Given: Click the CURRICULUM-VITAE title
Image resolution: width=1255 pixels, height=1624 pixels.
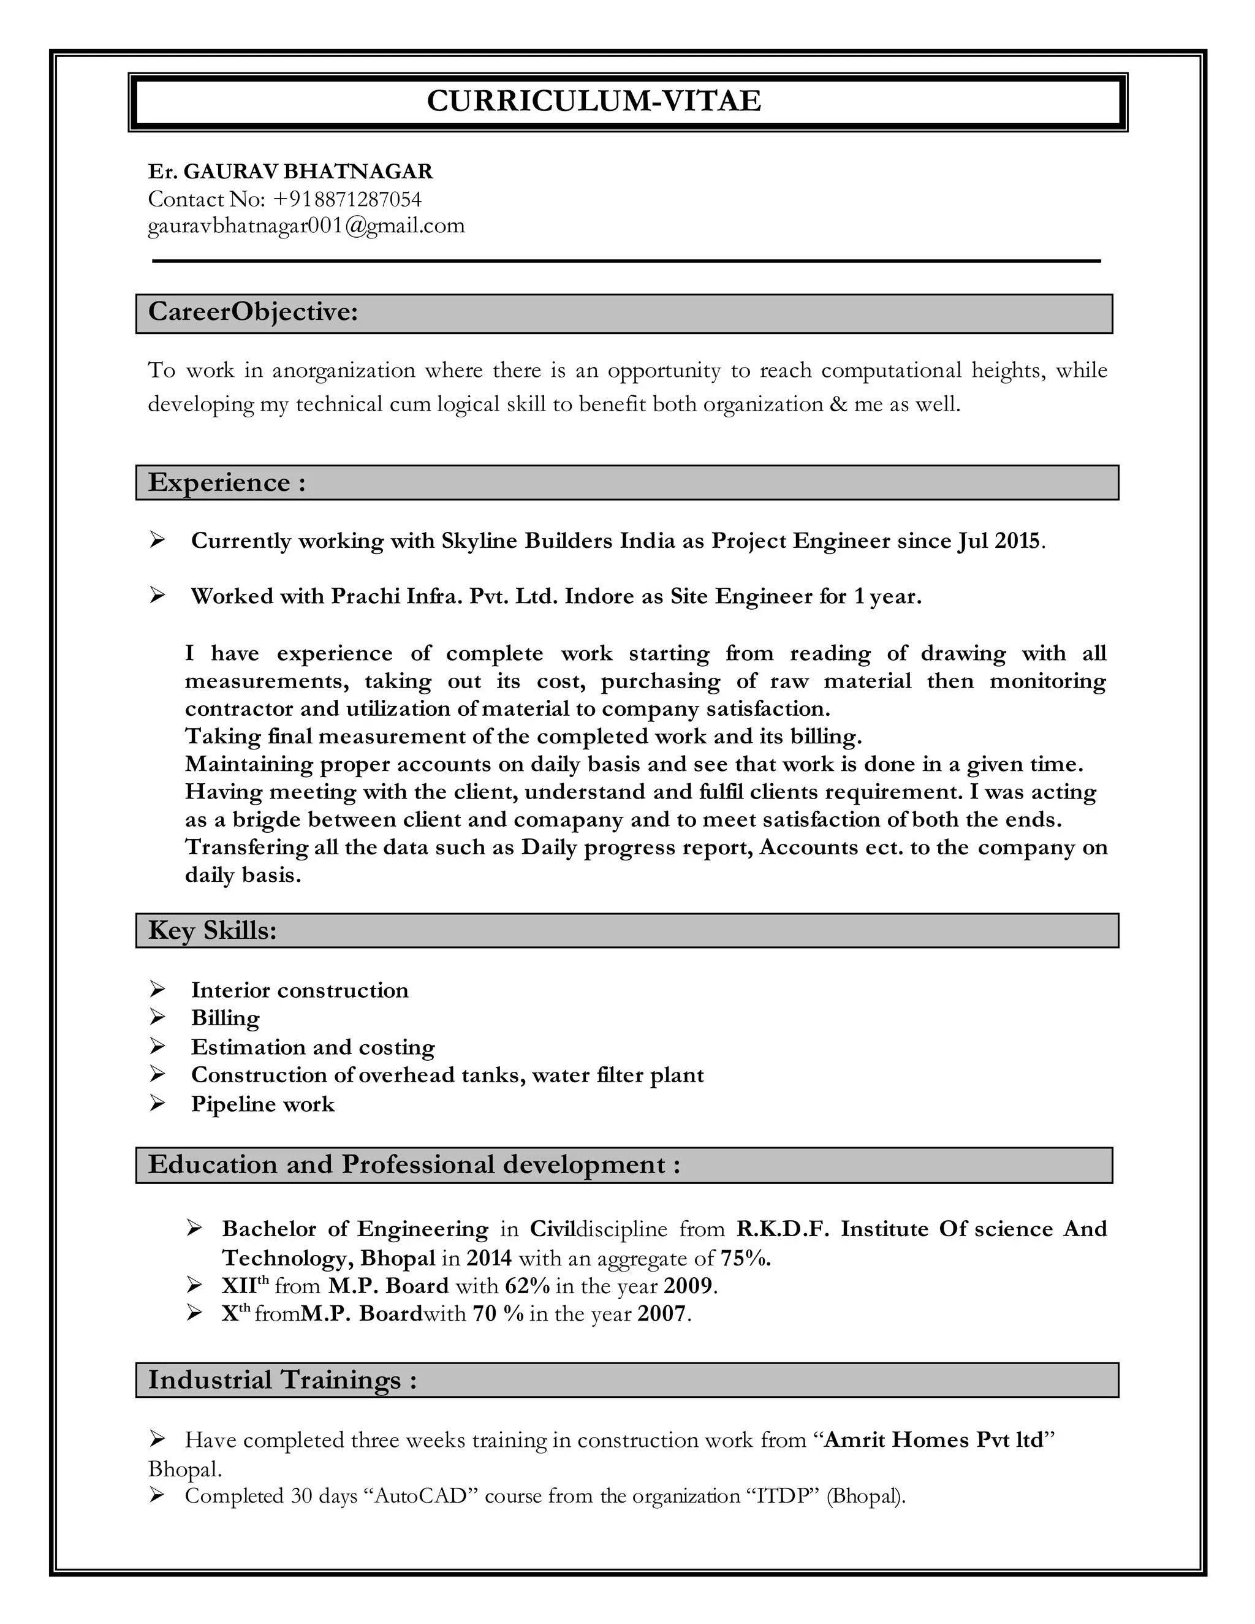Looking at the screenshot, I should point(593,101).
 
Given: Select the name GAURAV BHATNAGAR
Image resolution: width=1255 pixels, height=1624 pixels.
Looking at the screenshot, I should point(308,172).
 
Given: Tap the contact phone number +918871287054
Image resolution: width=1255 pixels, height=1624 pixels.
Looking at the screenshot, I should point(347,199).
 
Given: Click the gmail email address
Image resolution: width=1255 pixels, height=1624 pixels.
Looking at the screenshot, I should point(306,226).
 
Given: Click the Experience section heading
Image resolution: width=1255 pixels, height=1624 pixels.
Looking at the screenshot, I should point(227,482).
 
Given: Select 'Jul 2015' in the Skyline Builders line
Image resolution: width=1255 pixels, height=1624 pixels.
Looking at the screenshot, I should point(998,541).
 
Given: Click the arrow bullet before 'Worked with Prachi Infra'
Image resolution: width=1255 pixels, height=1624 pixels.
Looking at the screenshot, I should point(157,595).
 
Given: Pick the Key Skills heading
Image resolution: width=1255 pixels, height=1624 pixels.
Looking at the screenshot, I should point(212,930).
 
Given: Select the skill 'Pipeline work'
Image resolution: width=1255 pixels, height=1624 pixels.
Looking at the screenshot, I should point(262,1104).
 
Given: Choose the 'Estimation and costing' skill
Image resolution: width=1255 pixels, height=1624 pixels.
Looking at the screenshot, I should point(313,1047).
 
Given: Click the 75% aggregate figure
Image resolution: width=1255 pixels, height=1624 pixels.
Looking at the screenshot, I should point(746,1258).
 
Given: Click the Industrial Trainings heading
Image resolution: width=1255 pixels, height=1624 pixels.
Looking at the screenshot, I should point(282,1380).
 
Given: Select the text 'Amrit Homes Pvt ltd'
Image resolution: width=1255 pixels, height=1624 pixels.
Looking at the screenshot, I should point(934,1440).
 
